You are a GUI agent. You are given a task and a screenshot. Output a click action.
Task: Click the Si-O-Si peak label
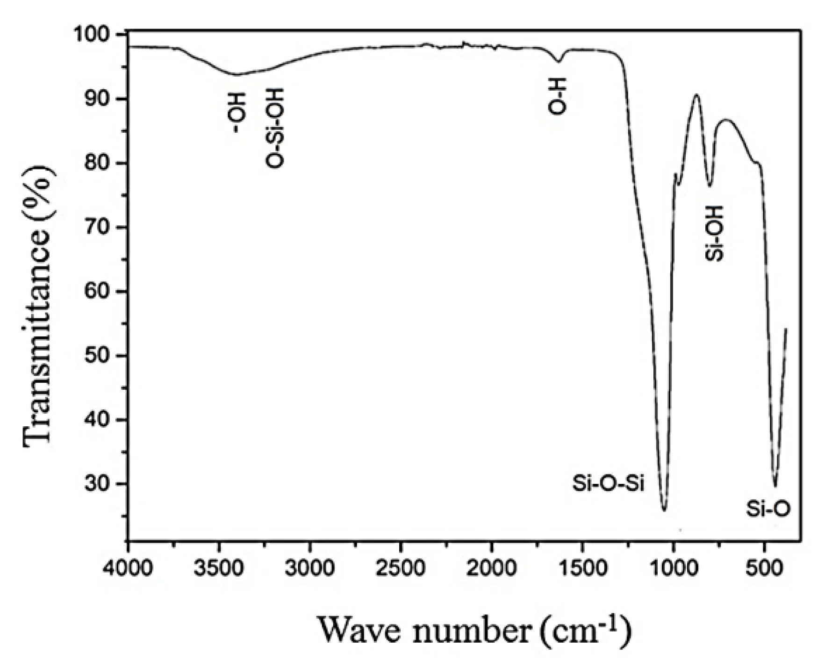pyautogui.click(x=608, y=483)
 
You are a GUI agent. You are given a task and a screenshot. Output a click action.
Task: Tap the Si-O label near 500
pyautogui.click(x=768, y=509)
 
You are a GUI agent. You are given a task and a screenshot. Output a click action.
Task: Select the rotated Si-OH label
pyautogui.click(x=714, y=233)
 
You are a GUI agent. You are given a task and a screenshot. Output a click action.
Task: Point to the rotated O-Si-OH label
pyautogui.click(x=274, y=127)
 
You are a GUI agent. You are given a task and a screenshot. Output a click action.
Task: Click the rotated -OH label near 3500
pyautogui.click(x=237, y=112)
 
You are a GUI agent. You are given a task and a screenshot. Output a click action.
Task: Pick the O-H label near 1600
pyautogui.click(x=557, y=96)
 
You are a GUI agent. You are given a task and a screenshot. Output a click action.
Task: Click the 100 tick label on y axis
pyautogui.click(x=97, y=34)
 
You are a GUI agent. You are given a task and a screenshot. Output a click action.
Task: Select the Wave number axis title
pyautogui.click(x=474, y=631)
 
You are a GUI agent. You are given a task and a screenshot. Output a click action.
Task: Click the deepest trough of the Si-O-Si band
pyautogui.click(x=664, y=509)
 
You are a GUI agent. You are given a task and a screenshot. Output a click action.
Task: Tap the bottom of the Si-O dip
pyautogui.click(x=775, y=486)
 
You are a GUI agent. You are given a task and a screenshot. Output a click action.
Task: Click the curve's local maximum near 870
pyautogui.click(x=696, y=95)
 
